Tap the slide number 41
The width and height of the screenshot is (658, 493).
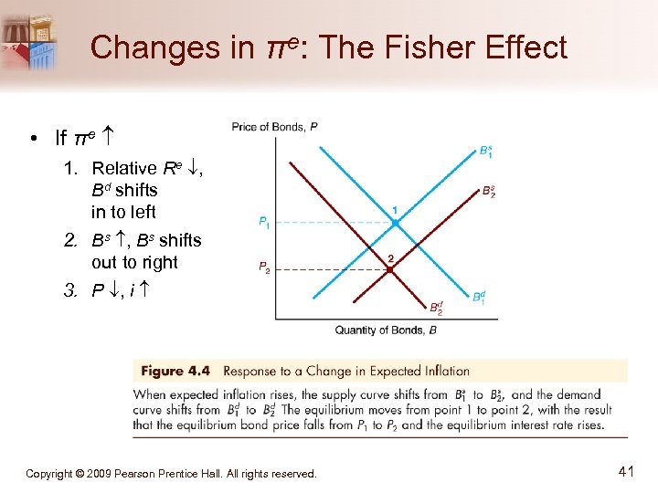coord(626,472)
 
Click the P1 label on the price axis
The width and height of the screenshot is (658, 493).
coord(263,221)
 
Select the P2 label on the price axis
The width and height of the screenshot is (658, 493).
coord(263,267)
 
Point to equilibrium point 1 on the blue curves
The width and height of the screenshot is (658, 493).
coord(395,222)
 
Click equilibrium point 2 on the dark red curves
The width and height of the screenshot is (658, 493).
coord(390,269)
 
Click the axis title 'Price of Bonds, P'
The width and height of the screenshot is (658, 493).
coord(274,127)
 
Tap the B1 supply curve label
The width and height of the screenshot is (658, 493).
coord(487,151)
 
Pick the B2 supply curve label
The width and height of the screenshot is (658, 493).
coord(489,192)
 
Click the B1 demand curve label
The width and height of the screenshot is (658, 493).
coord(479,296)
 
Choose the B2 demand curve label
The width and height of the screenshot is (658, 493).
coord(436,309)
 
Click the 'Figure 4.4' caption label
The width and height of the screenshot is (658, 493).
coord(175,371)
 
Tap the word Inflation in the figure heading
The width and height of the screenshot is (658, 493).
coord(440,371)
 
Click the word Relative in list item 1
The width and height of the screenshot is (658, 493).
coord(124,168)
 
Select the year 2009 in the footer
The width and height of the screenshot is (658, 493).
coord(98,474)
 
